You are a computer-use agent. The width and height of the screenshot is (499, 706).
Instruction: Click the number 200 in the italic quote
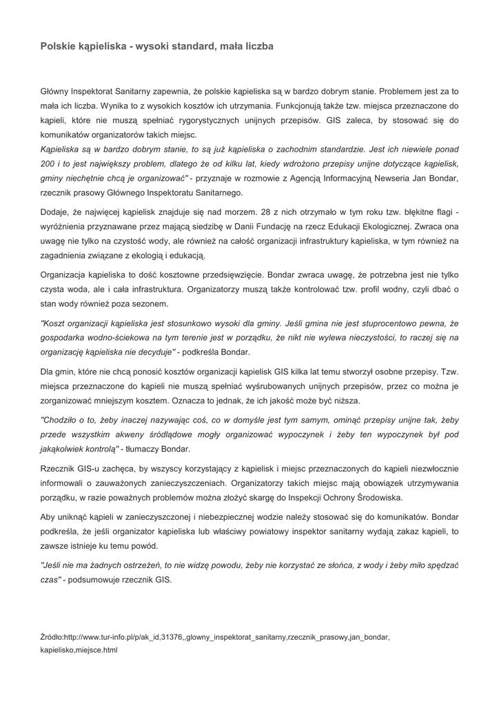click(48, 163)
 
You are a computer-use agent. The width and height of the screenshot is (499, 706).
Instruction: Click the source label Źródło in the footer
click(51, 637)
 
